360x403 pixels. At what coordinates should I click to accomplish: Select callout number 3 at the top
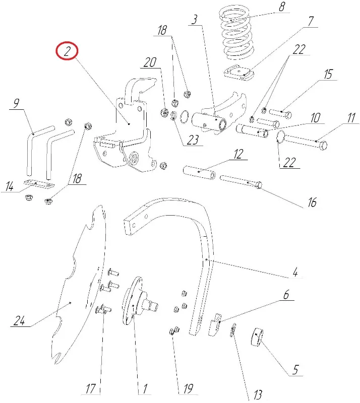click(x=195, y=21)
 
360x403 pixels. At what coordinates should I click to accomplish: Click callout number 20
click(x=149, y=63)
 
